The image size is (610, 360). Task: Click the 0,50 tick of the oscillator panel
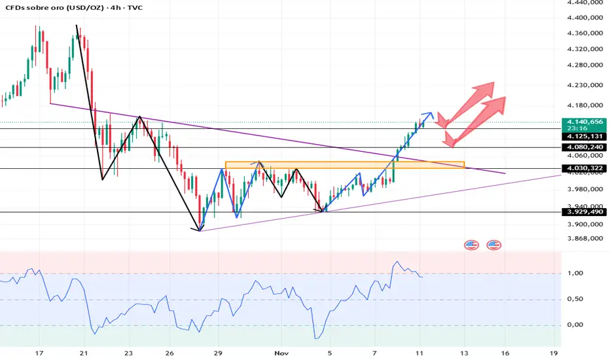coord(573,299)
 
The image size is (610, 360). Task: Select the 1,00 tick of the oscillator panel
coord(573,274)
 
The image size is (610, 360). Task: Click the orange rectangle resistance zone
coord(344,164)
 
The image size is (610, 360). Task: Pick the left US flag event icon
coord(471,245)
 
